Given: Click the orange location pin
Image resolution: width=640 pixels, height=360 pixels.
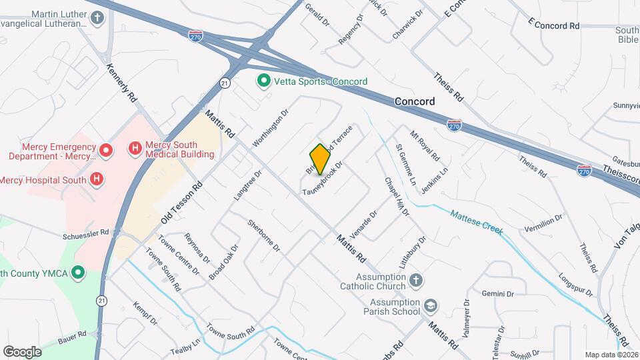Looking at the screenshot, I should pyautogui.click(x=320, y=159).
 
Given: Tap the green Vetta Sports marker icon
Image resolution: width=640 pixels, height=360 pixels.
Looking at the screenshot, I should pyautogui.click(x=263, y=81).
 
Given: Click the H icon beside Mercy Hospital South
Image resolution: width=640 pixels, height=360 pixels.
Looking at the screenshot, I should pyautogui.click(x=97, y=179).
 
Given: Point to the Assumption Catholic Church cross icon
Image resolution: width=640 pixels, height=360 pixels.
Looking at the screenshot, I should pyautogui.click(x=415, y=279).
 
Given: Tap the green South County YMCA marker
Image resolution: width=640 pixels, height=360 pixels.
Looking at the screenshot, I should pyautogui.click(x=79, y=272).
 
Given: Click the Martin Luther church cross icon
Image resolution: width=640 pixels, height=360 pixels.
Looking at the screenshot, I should pyautogui.click(x=98, y=17).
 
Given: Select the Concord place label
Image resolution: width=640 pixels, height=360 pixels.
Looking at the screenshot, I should pyautogui.click(x=414, y=102).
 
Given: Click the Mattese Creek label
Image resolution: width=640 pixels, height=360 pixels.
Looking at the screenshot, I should pyautogui.click(x=475, y=223).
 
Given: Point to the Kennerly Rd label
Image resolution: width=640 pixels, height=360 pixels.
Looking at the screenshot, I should pyautogui.click(x=121, y=83).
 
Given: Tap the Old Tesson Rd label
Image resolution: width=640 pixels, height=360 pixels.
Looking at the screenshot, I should pyautogui.click(x=181, y=203).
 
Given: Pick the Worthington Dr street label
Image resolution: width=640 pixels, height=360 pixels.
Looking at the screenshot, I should pyautogui.click(x=270, y=128).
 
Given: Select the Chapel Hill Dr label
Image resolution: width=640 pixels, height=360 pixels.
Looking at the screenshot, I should pyautogui.click(x=396, y=196).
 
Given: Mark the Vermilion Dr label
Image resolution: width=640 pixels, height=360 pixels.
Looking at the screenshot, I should pyautogui.click(x=544, y=226).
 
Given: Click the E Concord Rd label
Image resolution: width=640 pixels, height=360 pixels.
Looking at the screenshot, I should pyautogui.click(x=553, y=25).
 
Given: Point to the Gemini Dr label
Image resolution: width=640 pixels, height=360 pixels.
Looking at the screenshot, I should pyautogui.click(x=500, y=293).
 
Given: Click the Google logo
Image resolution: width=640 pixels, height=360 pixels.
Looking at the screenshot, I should pyautogui.click(x=22, y=351).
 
